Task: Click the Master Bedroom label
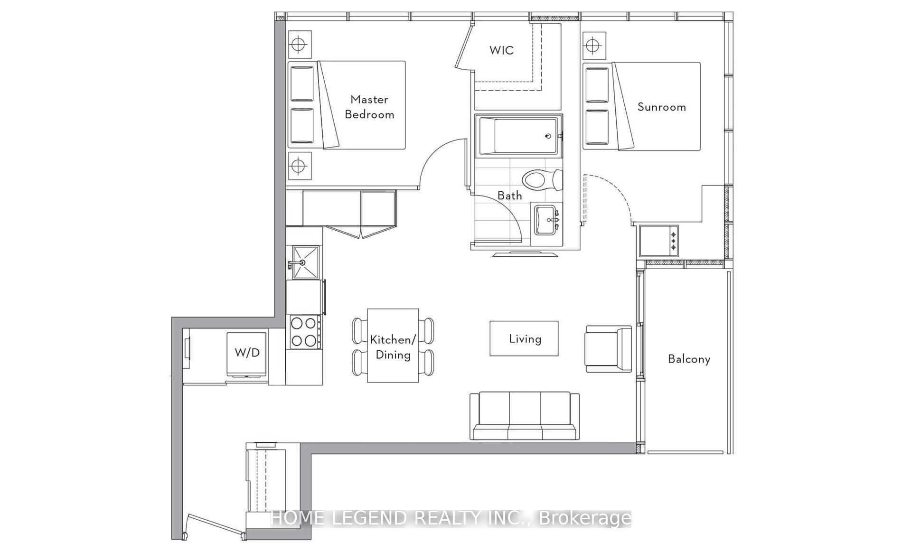pyautogui.click(x=369, y=107)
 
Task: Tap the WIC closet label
pyautogui.click(x=501, y=50)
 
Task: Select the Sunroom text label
pyautogui.click(x=661, y=107)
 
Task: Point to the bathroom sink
pyautogui.click(x=546, y=220)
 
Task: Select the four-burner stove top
pyautogui.click(x=304, y=332)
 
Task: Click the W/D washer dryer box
pyautogui.click(x=247, y=353)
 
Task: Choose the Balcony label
pyautogui.click(x=689, y=359)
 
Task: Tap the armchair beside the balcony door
pyautogui.click(x=608, y=349)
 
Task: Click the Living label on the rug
pyautogui.click(x=525, y=339)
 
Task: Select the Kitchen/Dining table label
pyautogui.click(x=393, y=347)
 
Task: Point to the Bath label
pyautogui.click(x=509, y=196)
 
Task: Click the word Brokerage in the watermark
pyautogui.click(x=585, y=518)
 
